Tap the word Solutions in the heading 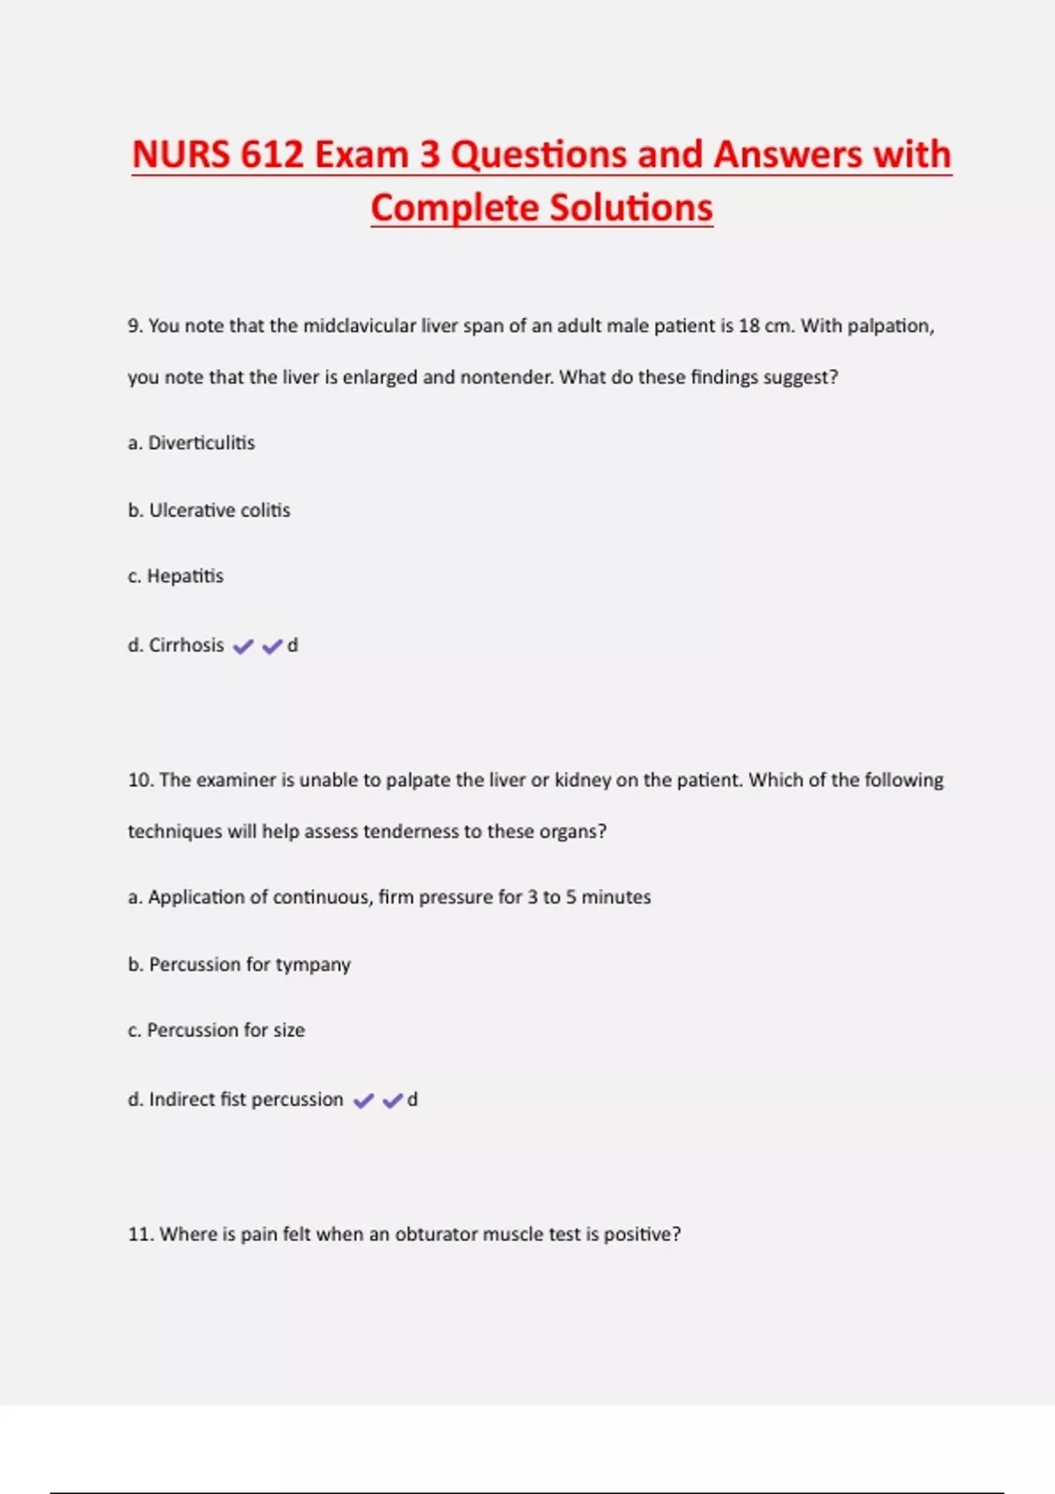(630, 208)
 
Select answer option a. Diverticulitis (192, 443)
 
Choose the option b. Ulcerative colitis (209, 511)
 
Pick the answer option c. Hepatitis (176, 577)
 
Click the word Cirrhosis (186, 645)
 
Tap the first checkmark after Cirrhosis (244, 647)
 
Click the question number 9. (135, 326)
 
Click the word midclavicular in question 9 (360, 326)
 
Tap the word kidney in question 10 (583, 780)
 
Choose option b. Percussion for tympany (239, 965)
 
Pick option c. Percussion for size (216, 1030)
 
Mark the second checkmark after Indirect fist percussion (393, 1100)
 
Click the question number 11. (141, 1234)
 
